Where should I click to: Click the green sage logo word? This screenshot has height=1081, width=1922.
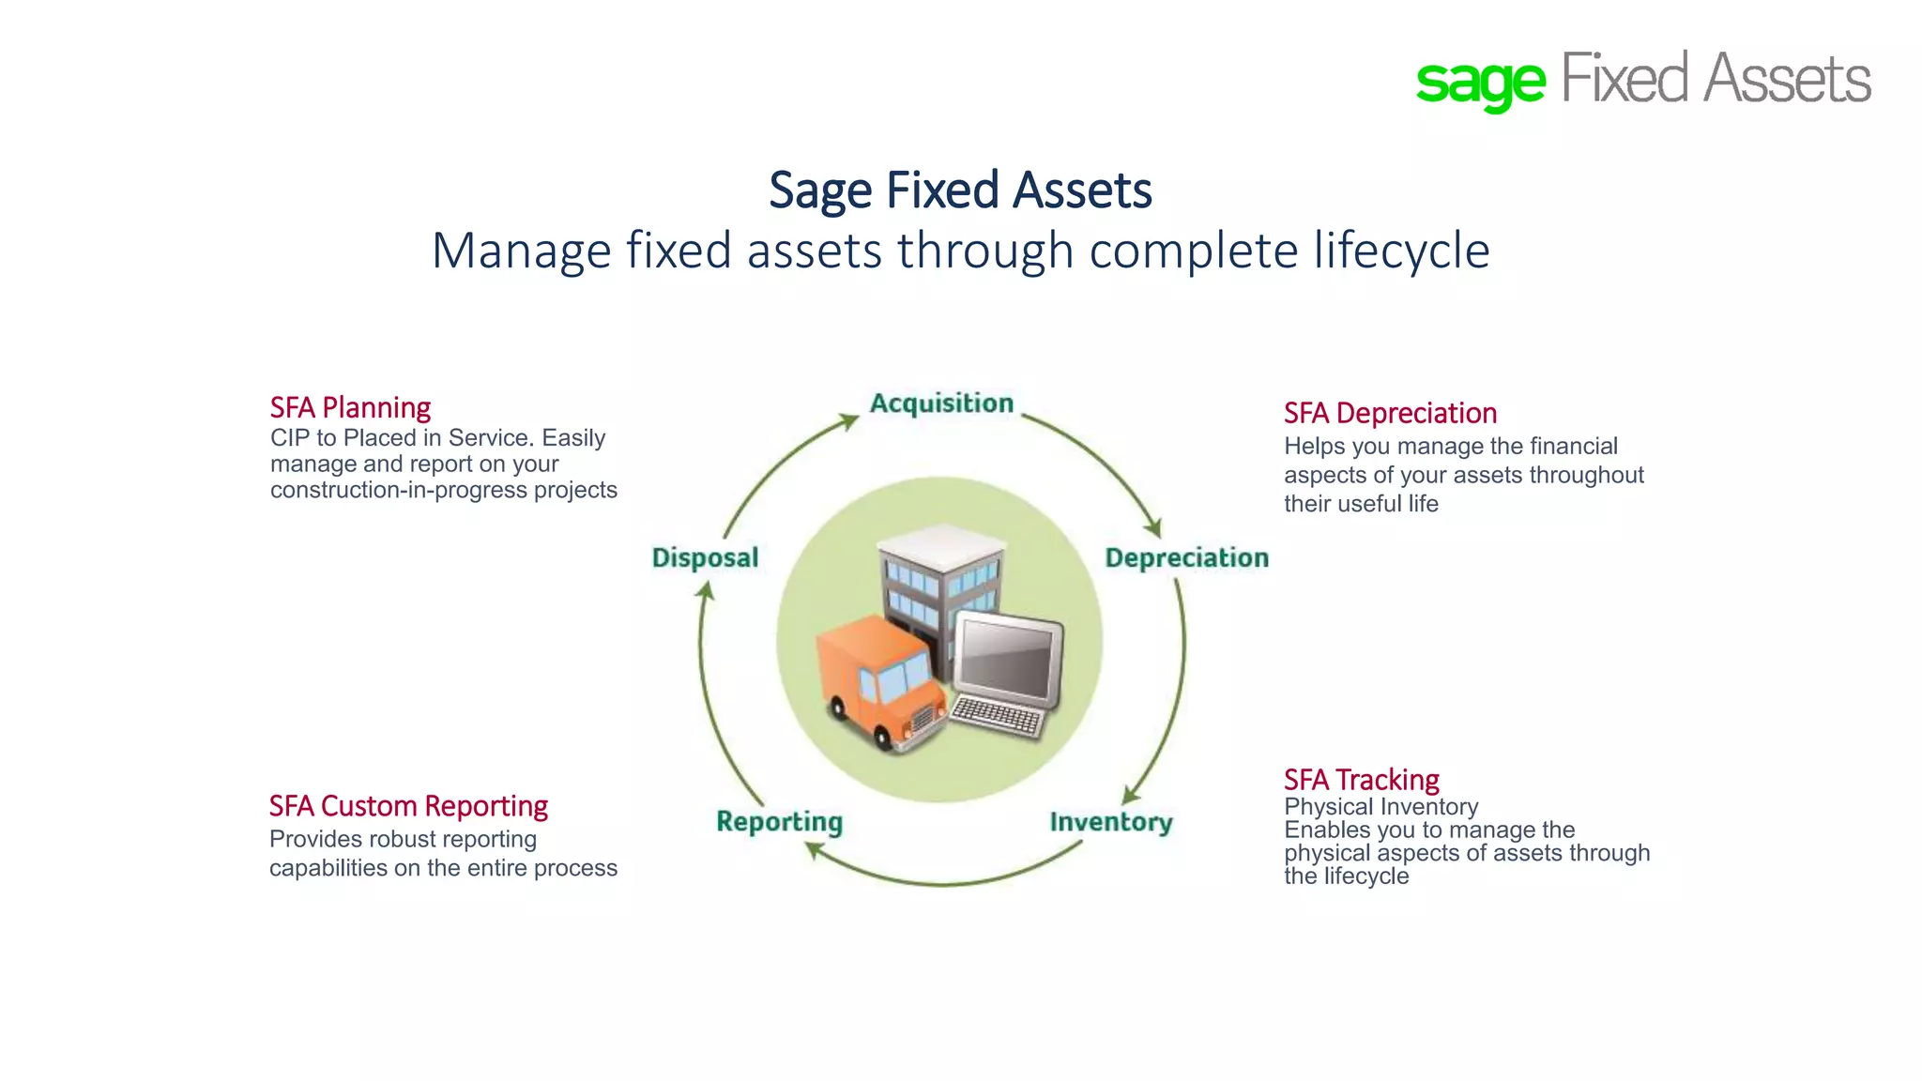[1480, 83]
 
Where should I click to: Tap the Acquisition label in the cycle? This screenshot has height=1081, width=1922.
[941, 403]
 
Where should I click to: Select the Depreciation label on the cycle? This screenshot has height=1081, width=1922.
[1186, 557]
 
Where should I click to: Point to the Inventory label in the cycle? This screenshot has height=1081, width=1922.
[1111, 822]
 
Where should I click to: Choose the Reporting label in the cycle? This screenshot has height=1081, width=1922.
[779, 822]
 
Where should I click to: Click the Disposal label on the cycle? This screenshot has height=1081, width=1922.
[705, 557]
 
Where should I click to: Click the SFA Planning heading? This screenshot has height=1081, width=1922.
[350, 407]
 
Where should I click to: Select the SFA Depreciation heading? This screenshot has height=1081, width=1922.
[1390, 413]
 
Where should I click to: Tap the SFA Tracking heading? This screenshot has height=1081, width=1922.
[1361, 780]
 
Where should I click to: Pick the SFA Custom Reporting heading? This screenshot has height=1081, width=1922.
[408, 806]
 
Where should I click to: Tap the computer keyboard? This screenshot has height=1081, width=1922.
[997, 718]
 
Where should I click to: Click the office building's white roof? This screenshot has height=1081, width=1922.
[941, 544]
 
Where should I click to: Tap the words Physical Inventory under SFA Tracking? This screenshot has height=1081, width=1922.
[1380, 807]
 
